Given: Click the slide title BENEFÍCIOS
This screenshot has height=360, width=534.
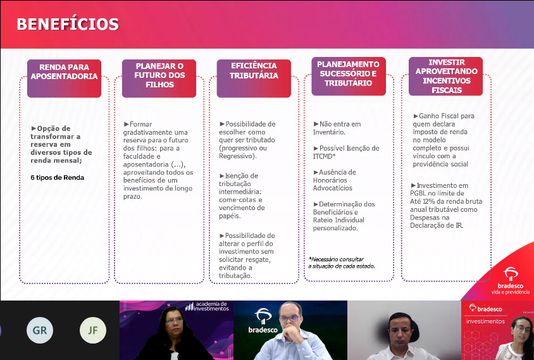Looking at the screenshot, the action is tap(68, 24).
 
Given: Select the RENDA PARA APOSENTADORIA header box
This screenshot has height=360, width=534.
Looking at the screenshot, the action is tap(64, 78).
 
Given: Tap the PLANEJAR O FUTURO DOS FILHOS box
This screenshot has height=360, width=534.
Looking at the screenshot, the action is tap(159, 78).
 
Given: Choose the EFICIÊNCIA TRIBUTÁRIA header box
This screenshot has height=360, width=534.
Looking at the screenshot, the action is tap(254, 78).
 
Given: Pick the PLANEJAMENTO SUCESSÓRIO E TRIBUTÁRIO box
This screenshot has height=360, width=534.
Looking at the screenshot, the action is tap(349, 77).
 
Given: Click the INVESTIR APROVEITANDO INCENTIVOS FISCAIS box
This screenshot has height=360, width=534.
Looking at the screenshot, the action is tap(445, 77).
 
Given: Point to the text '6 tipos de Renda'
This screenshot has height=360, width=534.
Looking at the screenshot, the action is tap(57, 177).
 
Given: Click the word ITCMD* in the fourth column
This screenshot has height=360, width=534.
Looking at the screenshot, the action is tap(324, 156).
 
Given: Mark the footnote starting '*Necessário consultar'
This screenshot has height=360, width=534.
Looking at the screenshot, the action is tap(342, 263).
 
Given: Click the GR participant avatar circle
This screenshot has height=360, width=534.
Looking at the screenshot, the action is tap(40, 330).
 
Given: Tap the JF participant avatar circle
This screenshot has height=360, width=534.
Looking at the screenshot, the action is tap(93, 330).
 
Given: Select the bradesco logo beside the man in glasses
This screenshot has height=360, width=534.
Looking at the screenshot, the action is tap(263, 321).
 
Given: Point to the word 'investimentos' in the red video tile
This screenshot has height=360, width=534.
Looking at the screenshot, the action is tap(485, 321).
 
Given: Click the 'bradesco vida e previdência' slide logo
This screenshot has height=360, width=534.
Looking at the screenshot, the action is tap(510, 281).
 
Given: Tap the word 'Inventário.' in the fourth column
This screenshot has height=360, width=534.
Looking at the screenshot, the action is tap(329, 132).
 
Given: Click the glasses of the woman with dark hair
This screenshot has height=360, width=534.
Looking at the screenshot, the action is tap(175, 321).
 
